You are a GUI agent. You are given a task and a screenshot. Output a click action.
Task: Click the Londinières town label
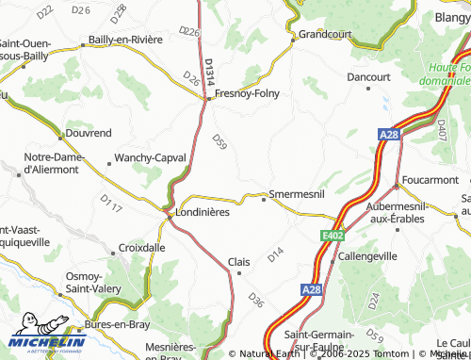203,212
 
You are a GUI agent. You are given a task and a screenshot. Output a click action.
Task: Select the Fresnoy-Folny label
247,94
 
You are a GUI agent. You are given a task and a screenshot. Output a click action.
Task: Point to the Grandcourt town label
324,35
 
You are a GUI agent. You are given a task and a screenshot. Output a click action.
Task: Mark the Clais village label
239,261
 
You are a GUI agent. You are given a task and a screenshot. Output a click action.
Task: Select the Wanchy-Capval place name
149,157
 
